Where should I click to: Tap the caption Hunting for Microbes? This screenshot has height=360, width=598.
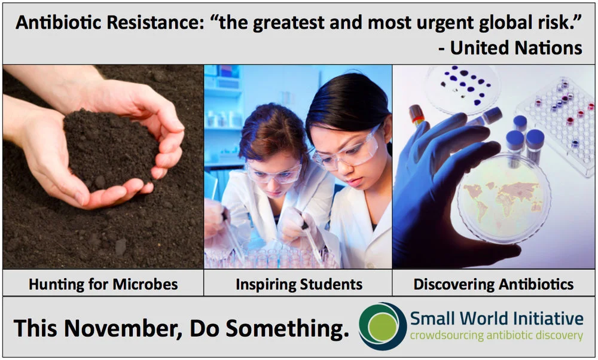pos(103,283)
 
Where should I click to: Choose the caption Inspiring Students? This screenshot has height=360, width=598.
pos(298,283)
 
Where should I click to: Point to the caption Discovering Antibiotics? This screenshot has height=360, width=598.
pos(493,283)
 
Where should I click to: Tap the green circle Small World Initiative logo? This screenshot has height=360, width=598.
pos(383,327)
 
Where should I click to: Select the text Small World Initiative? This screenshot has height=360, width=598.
pos(496,318)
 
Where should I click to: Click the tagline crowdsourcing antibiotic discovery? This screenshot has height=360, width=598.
pos(496,335)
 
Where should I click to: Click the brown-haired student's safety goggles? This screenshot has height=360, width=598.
pos(274,174)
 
